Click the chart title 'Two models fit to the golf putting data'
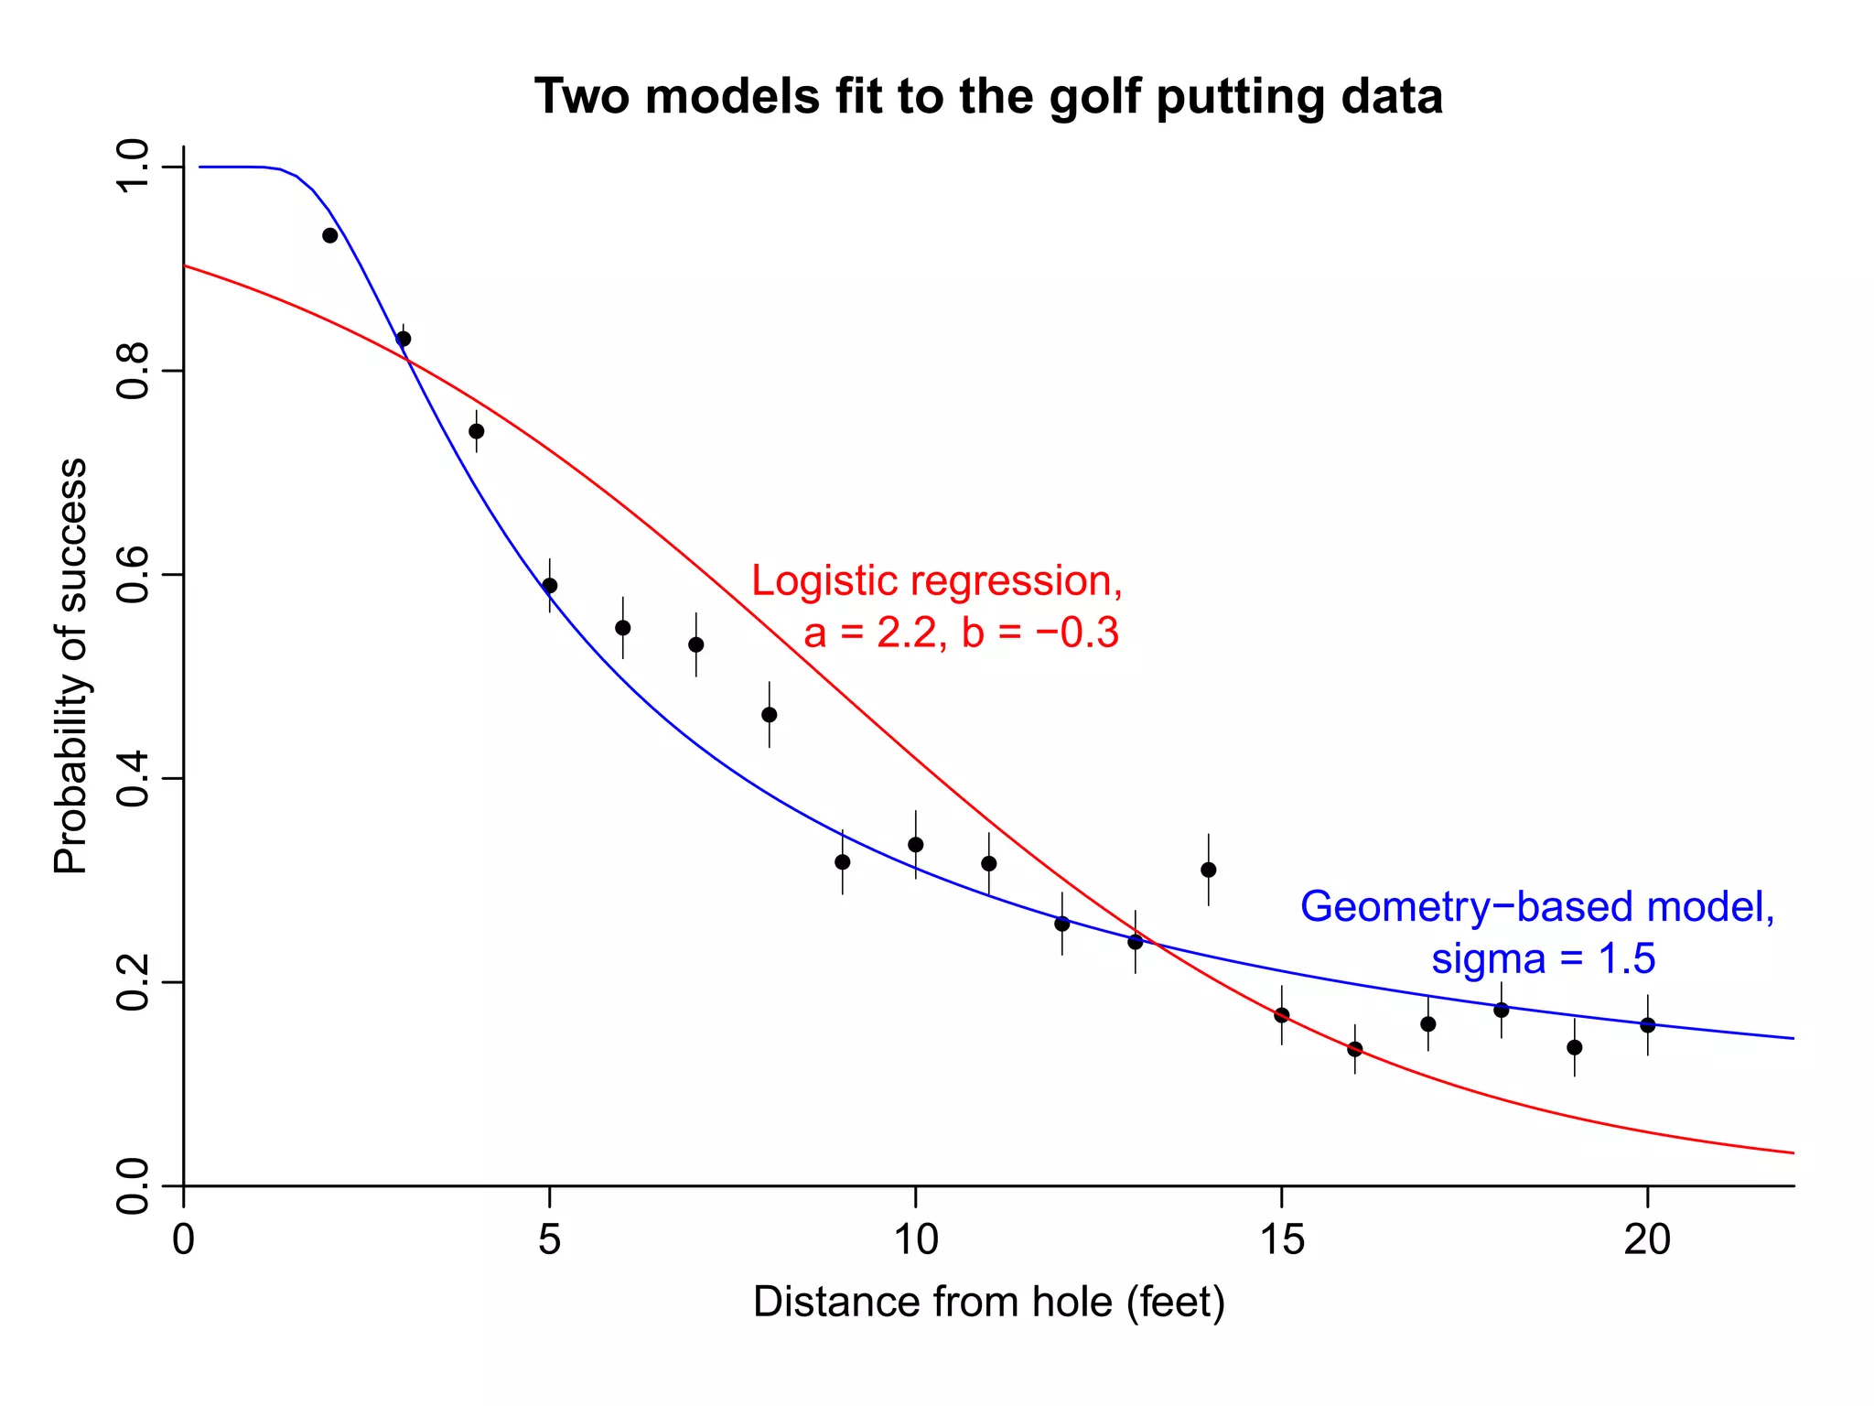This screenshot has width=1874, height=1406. point(988,97)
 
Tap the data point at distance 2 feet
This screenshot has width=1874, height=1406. point(330,235)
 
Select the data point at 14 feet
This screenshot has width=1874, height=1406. point(1208,870)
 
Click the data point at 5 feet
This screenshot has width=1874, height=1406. point(550,586)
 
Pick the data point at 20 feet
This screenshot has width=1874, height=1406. point(1647,1025)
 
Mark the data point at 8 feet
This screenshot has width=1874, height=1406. point(770,715)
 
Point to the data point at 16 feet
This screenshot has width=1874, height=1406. point(1355,1049)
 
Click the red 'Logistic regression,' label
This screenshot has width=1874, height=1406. point(937,581)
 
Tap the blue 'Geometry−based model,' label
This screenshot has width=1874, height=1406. point(1537,907)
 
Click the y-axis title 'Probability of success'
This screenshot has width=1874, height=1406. point(70,666)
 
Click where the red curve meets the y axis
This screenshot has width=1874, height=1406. point(185,265)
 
